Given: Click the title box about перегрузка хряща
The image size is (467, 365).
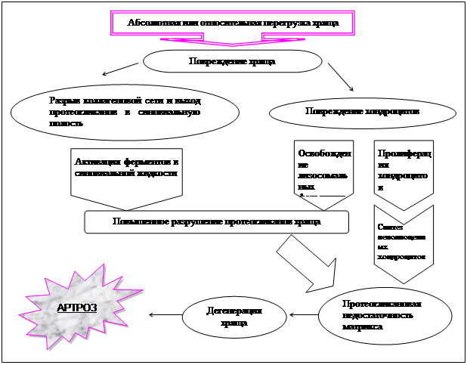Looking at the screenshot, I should coord(233,23).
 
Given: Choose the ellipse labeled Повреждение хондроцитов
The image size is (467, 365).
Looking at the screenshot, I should coord(362,112).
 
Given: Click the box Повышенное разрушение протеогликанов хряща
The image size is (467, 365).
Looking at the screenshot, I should coord(216,222).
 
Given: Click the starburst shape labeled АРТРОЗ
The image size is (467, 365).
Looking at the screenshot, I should coord(79,307).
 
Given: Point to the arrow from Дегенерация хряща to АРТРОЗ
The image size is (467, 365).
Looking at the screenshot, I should coord(165,314).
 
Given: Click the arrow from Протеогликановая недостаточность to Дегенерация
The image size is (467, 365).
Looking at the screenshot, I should coord(303,314).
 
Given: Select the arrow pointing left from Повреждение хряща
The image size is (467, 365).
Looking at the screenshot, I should coord(120,70).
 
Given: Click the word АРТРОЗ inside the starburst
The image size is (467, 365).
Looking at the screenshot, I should coord(77,308).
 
